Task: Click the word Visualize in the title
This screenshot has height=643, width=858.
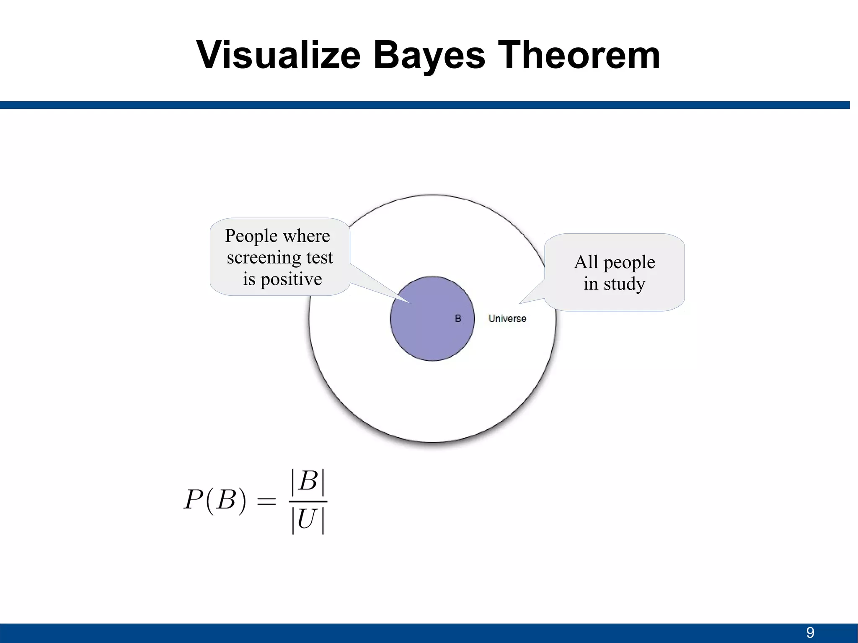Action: tap(278, 55)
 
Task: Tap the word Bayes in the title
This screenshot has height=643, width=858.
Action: tap(429, 55)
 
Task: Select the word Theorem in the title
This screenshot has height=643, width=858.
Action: tap(580, 55)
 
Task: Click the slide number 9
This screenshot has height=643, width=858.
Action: tap(810, 633)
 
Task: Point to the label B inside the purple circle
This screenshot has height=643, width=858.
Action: tap(458, 319)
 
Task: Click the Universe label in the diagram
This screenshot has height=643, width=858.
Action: tap(507, 319)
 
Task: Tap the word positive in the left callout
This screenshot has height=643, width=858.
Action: tap(291, 279)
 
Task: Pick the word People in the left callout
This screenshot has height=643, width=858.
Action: tap(251, 236)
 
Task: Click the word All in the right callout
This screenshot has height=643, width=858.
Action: tap(586, 263)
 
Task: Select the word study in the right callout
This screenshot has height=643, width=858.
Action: tap(624, 284)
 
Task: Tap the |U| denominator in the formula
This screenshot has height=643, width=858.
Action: tap(308, 520)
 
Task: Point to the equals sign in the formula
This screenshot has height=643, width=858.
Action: tap(266, 501)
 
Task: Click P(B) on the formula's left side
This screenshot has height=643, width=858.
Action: tap(215, 500)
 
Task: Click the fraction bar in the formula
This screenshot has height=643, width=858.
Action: tap(308, 501)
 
